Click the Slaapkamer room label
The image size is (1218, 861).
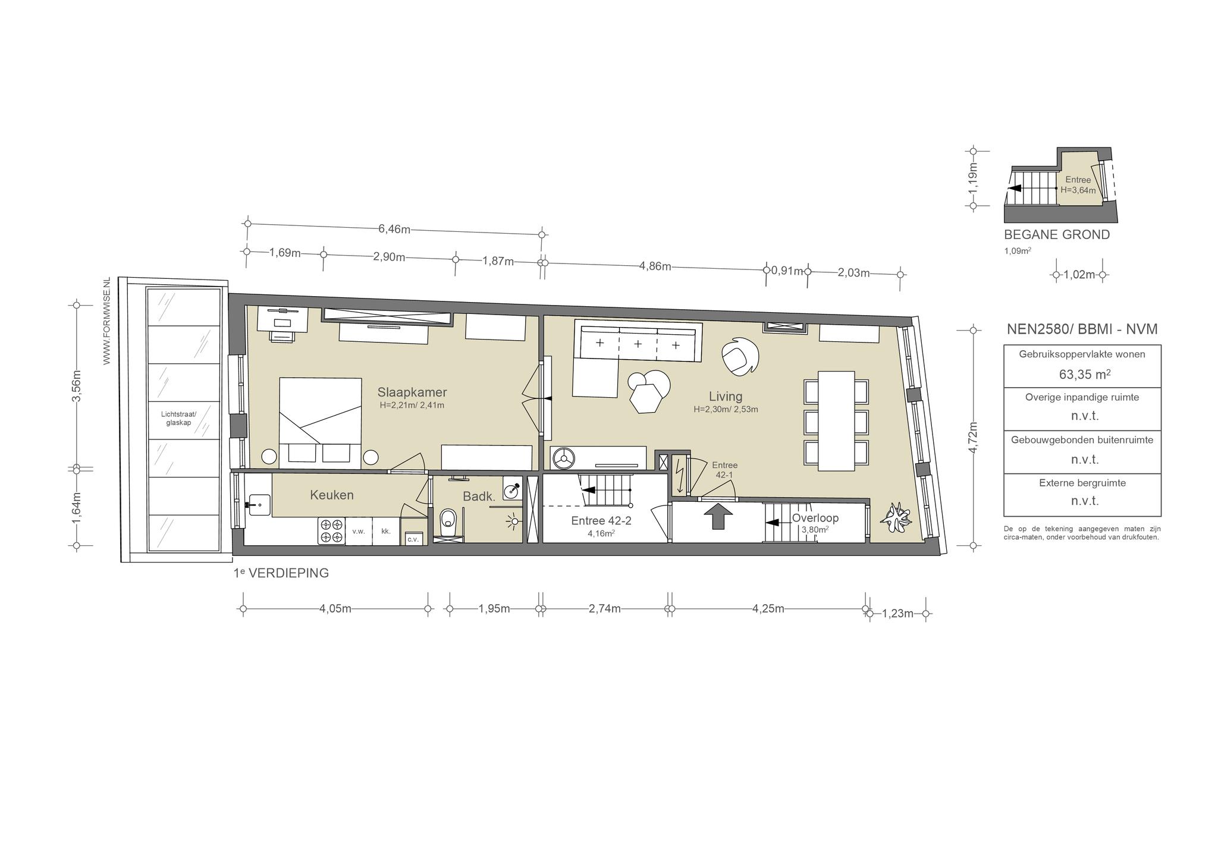click(x=412, y=392)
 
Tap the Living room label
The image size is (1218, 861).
click(x=726, y=396)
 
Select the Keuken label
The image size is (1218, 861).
click(x=332, y=495)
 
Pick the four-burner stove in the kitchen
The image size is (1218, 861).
click(x=332, y=531)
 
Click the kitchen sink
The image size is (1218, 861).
click(x=259, y=505)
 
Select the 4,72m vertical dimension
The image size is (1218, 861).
click(x=974, y=438)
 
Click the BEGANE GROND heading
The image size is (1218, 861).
click(x=1057, y=235)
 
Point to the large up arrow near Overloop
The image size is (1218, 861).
click(x=718, y=516)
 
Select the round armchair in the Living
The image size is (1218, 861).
click(x=740, y=357)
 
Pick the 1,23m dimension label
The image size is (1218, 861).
click(x=897, y=614)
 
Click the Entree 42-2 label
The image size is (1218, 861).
click(x=601, y=521)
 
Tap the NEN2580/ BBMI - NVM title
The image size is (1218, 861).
click(x=1082, y=329)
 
